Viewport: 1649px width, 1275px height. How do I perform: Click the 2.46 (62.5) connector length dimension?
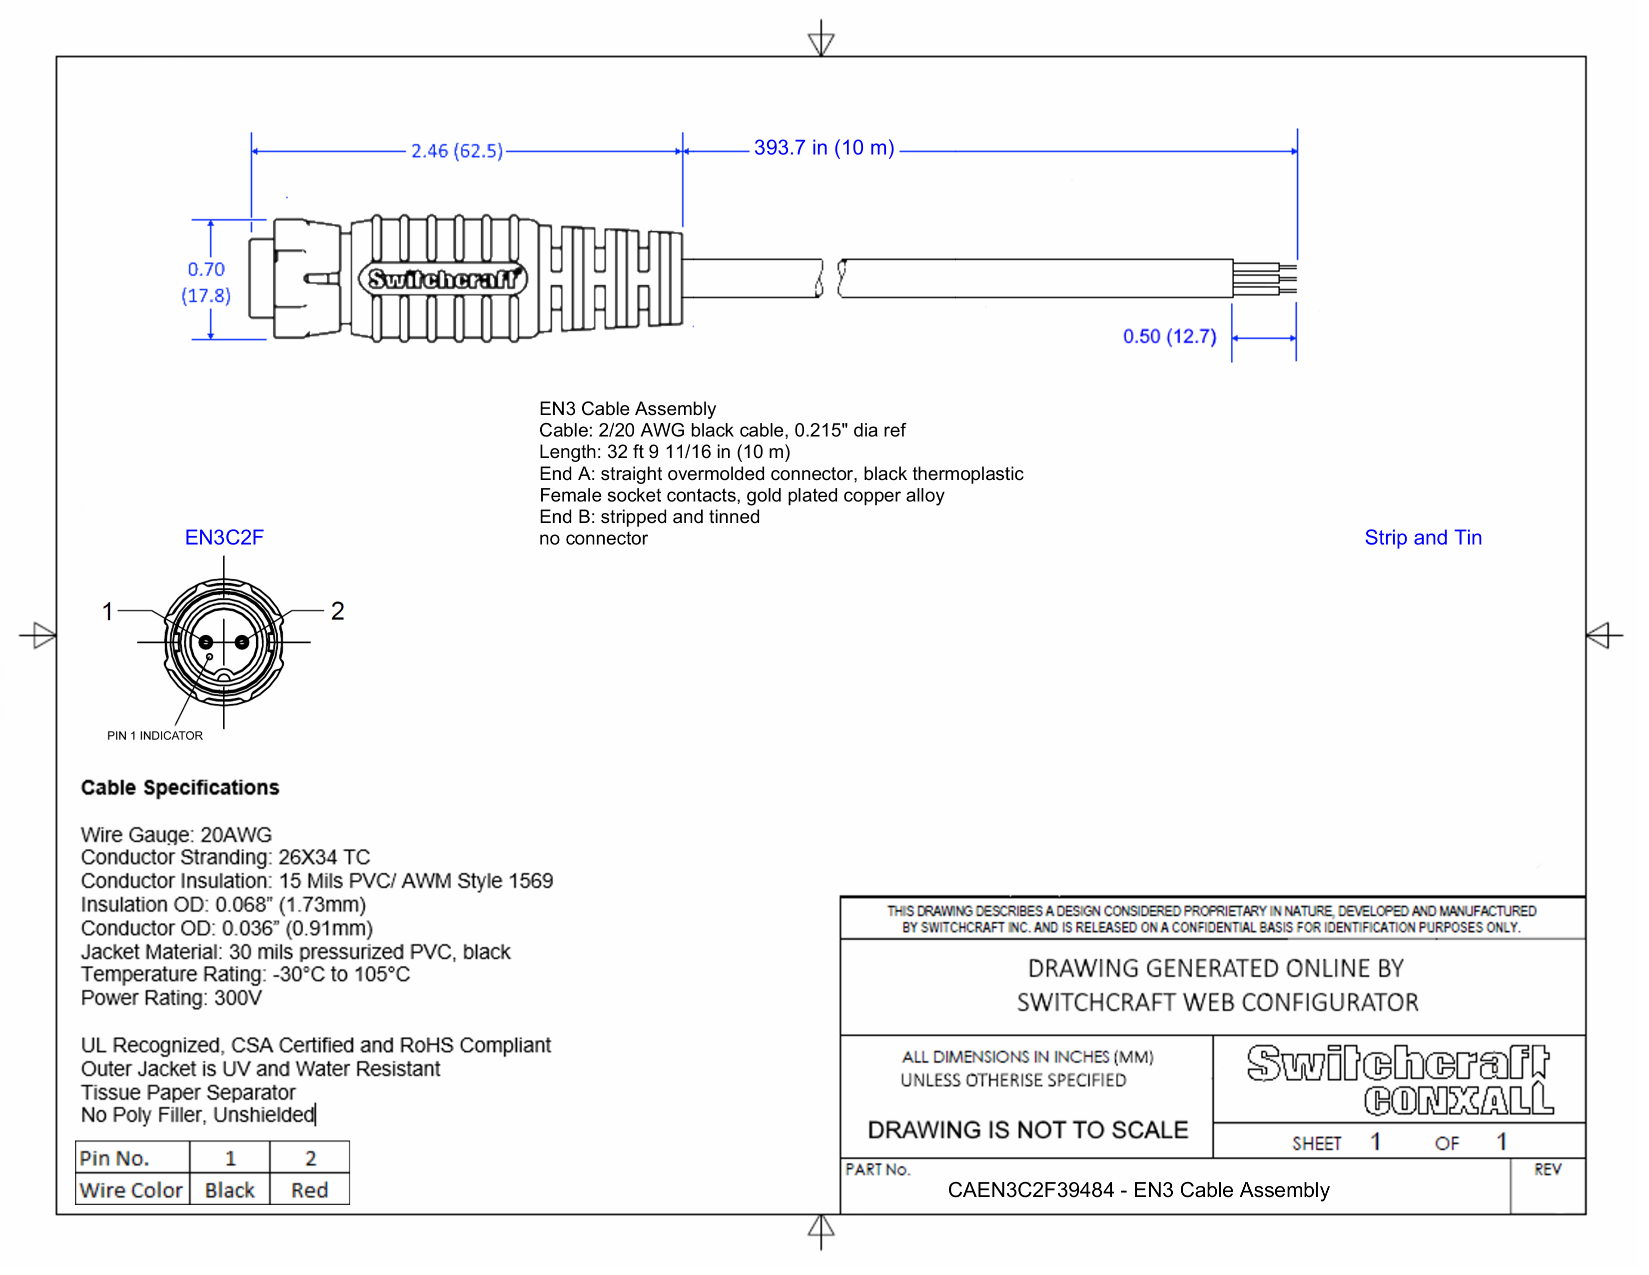pyautogui.click(x=457, y=151)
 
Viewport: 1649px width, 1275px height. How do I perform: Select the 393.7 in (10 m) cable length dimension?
pyautogui.click(x=824, y=148)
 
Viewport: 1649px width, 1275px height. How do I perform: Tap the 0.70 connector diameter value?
pyautogui.click(x=206, y=269)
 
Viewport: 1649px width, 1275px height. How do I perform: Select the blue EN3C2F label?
pyautogui.click(x=224, y=538)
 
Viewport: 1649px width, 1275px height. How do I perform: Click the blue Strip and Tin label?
pyautogui.click(x=1423, y=538)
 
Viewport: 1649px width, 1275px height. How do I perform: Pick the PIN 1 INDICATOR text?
pyautogui.click(x=155, y=735)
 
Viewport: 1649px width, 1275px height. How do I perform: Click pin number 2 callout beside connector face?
pyautogui.click(x=337, y=611)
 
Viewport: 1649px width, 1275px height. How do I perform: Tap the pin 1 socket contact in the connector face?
pyautogui.click(x=206, y=642)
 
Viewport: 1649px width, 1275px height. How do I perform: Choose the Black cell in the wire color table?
pyautogui.click(x=229, y=1190)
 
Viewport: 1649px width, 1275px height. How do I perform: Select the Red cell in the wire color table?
pyautogui.click(x=310, y=1190)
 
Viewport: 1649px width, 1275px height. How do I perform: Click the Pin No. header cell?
pyautogui.click(x=115, y=1158)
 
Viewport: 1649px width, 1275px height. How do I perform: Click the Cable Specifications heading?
pyautogui.click(x=180, y=788)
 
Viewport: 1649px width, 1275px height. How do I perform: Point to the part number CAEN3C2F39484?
pyautogui.click(x=1030, y=1190)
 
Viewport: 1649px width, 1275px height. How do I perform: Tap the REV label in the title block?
pyautogui.click(x=1547, y=1170)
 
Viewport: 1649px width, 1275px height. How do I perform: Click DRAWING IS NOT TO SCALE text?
pyautogui.click(x=1027, y=1130)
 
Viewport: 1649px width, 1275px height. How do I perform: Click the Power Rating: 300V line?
pyautogui.click(x=171, y=998)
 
